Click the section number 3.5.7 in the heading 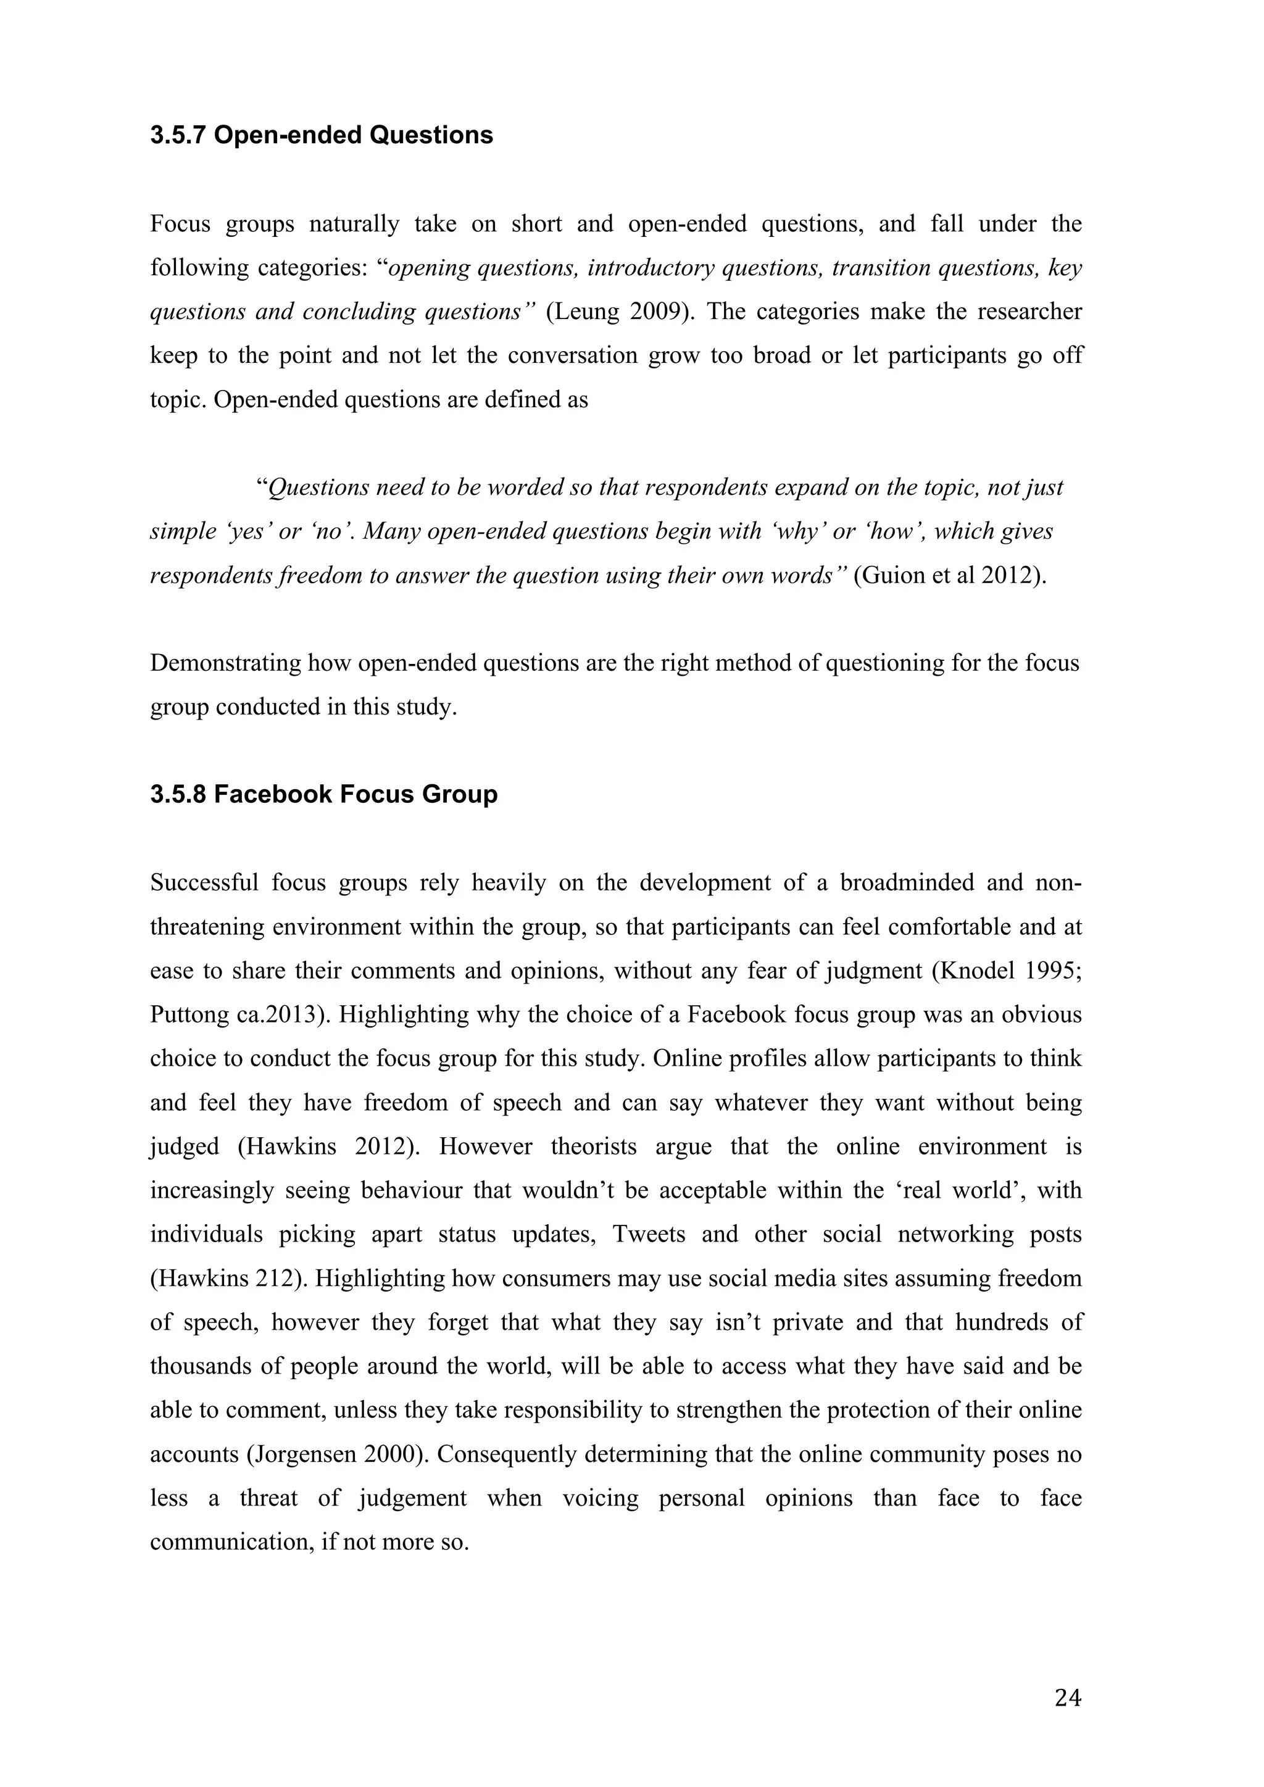point(178,135)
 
